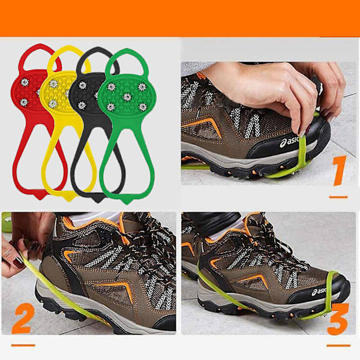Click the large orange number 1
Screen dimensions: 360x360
pos(340,170)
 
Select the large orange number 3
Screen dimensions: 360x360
pos(338,319)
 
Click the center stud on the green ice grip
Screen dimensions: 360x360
pos(127,97)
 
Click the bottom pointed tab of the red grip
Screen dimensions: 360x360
pos(40,196)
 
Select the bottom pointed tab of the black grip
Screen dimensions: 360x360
pos(98,199)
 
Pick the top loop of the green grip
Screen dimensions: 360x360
pos(127,52)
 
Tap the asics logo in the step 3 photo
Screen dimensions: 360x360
pos(319,292)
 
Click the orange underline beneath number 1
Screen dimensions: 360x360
pos(338,197)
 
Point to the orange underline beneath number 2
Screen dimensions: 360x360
pos(23,345)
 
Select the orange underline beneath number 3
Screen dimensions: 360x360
pos(338,346)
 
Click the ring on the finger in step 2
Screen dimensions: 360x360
pos(8,253)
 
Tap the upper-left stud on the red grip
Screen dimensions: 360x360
pos(24,82)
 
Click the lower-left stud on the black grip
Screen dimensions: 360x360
pos(82,106)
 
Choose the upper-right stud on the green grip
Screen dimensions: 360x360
pos(142,87)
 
